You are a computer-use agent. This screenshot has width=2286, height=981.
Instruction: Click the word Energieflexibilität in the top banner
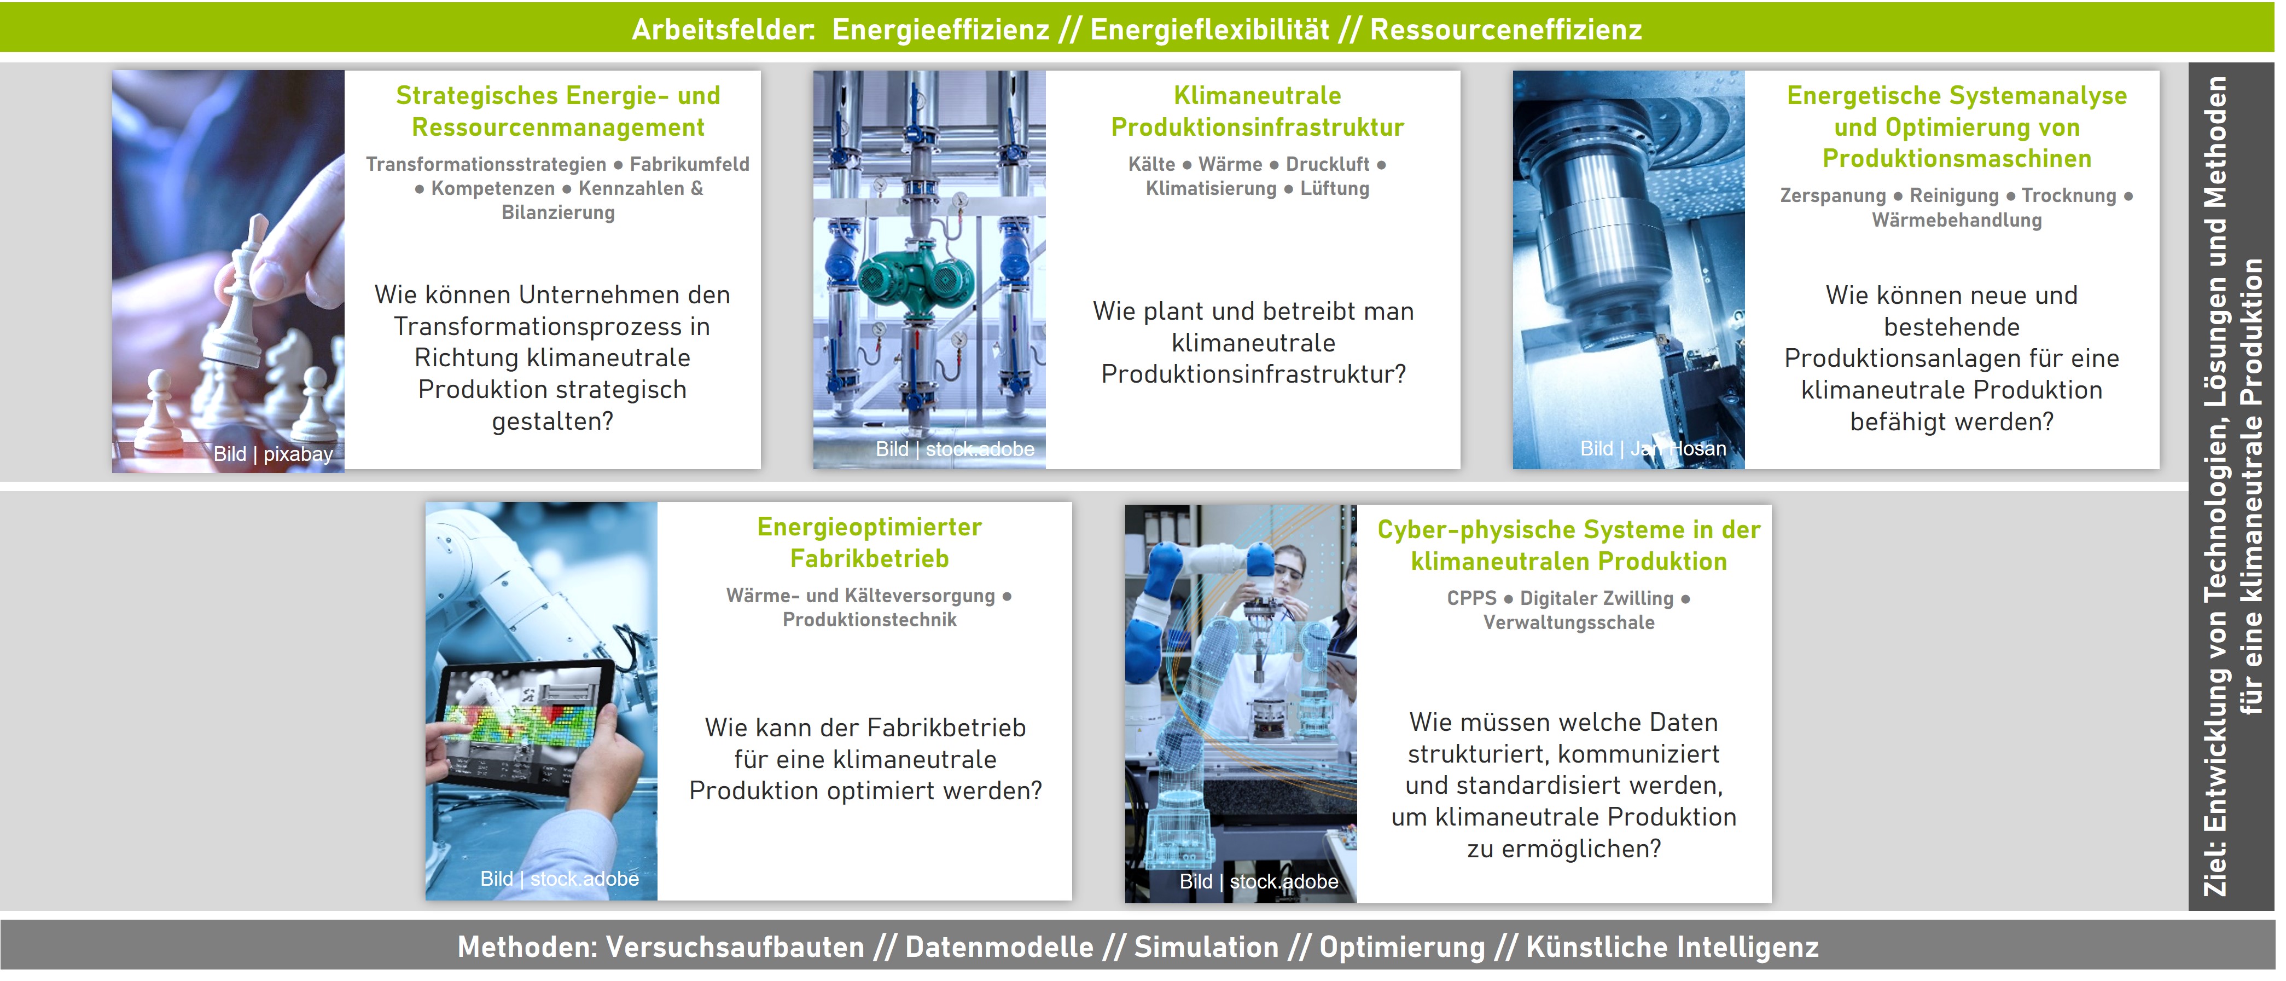coord(1209,30)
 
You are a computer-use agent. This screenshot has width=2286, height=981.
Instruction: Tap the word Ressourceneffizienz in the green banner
coord(1506,30)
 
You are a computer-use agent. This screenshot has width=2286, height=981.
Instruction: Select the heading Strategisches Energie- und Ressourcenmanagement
coord(558,111)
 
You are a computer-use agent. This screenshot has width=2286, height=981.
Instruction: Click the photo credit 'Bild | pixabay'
coord(272,454)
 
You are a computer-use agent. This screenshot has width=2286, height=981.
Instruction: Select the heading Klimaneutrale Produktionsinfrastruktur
coord(1258,111)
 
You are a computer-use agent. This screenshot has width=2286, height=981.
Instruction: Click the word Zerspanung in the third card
coord(1833,195)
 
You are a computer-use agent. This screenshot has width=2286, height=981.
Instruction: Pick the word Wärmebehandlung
coord(1957,220)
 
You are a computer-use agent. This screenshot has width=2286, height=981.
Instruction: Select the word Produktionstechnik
coord(870,620)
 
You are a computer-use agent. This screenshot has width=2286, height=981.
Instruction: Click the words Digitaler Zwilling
coord(1596,598)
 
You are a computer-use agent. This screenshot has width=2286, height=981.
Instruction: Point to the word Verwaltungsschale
coord(1569,622)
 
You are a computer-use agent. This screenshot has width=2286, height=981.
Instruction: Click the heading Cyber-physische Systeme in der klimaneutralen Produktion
coord(1569,545)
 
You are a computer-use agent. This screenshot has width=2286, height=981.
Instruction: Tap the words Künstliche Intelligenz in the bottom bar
coord(1672,947)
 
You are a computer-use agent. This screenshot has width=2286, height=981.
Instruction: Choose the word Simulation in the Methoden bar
coord(1206,947)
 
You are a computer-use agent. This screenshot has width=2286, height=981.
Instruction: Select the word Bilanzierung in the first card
coord(558,212)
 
